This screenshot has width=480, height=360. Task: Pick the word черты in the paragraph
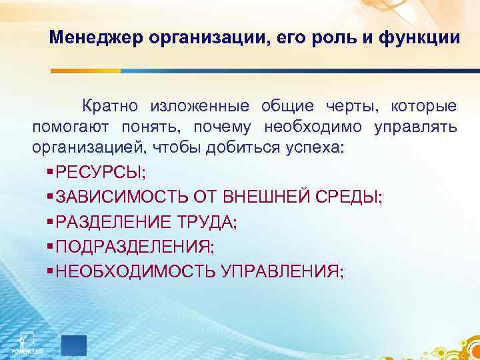353,106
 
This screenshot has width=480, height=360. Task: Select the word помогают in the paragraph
71,127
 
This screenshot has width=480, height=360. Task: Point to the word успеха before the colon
317,147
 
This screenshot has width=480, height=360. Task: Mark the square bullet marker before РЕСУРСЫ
51,173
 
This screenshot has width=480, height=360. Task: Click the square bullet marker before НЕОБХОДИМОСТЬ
51,271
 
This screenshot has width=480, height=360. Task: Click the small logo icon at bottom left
27,340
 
